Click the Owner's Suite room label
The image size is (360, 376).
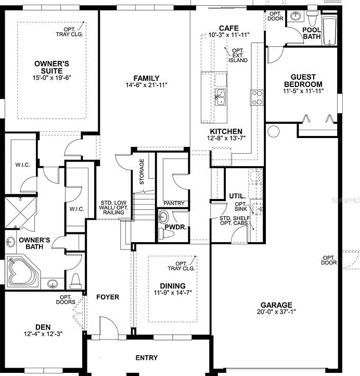pyautogui.click(x=52, y=67)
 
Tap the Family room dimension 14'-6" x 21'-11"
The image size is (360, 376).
pyautogui.click(x=146, y=85)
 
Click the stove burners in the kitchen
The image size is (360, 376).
pyautogui.click(x=257, y=97)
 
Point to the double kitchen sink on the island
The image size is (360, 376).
pyautogui.click(x=221, y=97)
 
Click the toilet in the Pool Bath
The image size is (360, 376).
pyautogui.click(x=312, y=18)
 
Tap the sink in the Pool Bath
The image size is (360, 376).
pyautogui.click(x=295, y=16)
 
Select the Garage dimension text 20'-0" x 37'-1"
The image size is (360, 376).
pyautogui.click(x=276, y=312)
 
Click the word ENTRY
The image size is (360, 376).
pyautogui.click(x=147, y=358)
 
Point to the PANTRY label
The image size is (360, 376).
pyautogui.click(x=174, y=203)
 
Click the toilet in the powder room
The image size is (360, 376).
pyautogui.click(x=166, y=234)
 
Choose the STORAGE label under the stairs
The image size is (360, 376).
pyautogui.click(x=142, y=172)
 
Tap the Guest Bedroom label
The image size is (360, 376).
pyautogui.click(x=303, y=81)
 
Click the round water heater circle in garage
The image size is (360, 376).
pyautogui.click(x=273, y=131)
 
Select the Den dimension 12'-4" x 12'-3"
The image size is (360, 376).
pyautogui.click(x=43, y=334)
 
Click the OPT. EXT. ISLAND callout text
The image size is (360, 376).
pyautogui.click(x=238, y=55)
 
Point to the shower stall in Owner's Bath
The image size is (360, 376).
pyautogui.click(x=20, y=212)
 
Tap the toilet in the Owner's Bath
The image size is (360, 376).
pyautogui.click(x=75, y=281)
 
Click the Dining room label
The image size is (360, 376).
pyautogui.click(x=173, y=286)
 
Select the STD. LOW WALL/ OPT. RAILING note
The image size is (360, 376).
pyautogui.click(x=113, y=208)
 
